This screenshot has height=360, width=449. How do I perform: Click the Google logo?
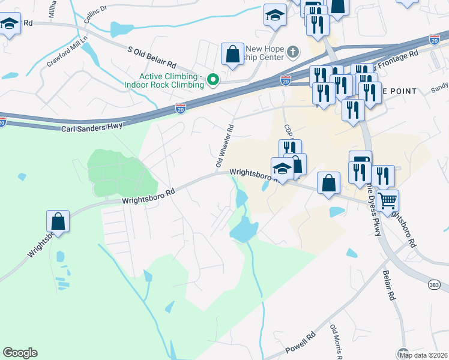(x=20, y=353)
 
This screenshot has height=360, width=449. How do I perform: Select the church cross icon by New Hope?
(x=292, y=52)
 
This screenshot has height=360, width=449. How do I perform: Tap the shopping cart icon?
(x=388, y=200)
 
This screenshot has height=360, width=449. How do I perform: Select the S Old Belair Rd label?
(x=151, y=57)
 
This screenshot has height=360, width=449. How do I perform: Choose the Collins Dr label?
(x=95, y=14)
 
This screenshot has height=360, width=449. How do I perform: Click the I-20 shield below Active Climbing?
(x=181, y=108)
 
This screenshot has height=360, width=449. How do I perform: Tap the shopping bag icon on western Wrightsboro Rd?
(x=58, y=221)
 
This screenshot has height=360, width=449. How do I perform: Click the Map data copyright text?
(x=423, y=355)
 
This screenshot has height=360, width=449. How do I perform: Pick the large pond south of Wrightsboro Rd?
(x=244, y=228)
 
